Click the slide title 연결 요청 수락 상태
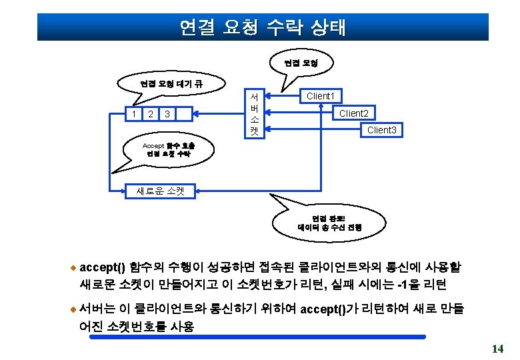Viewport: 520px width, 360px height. point(263,27)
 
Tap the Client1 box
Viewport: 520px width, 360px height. point(320,96)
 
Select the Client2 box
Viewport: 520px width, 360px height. point(353,113)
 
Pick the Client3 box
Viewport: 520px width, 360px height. point(381,130)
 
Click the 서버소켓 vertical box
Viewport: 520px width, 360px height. point(254,113)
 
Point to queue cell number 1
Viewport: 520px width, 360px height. point(135,114)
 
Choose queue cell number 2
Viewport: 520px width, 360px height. point(151,114)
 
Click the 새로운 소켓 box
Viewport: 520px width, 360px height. point(159,191)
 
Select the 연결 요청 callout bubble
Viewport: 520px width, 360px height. point(301,63)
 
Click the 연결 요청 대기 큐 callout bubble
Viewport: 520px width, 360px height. point(162,84)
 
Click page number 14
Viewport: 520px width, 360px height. point(497,349)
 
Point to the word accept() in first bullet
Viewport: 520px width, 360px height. point(102,267)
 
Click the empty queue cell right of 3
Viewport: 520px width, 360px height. point(184,114)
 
